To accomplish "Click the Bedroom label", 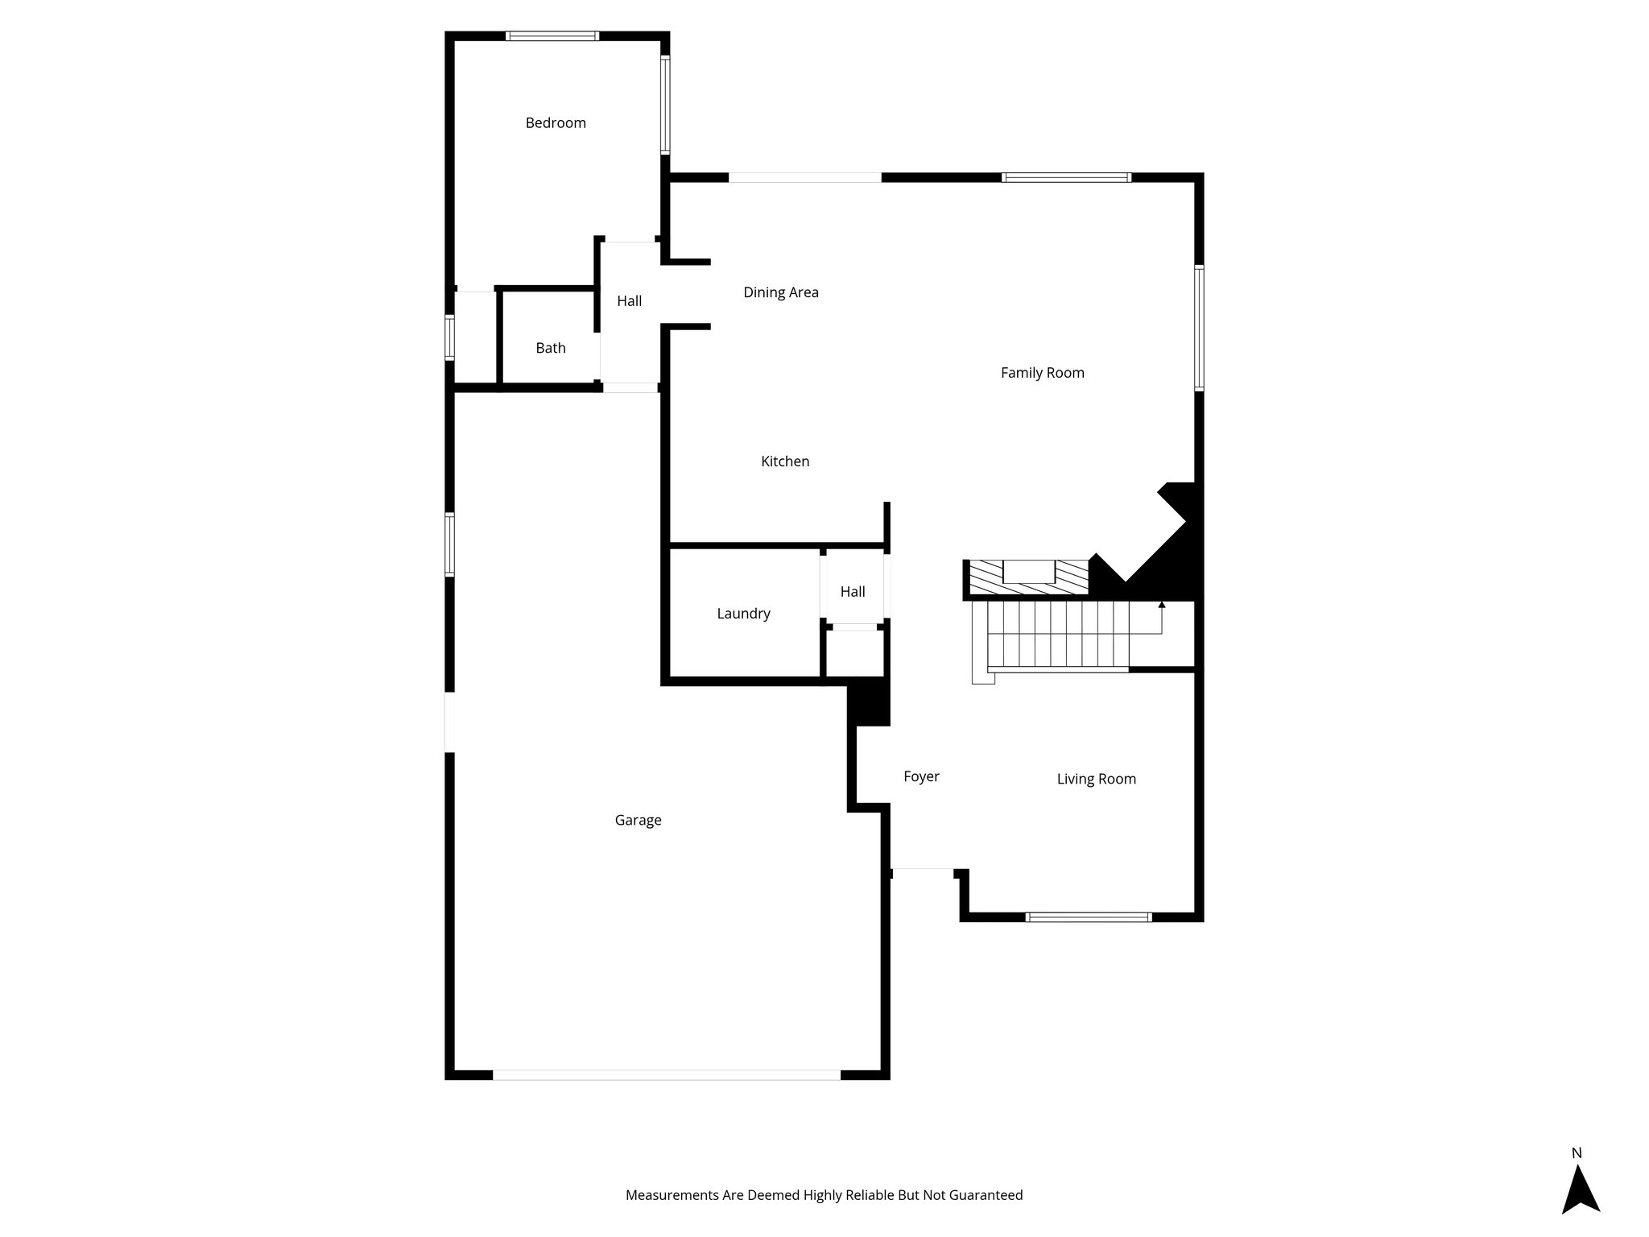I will [556, 123].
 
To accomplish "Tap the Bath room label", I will [551, 348].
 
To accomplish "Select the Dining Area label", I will [780, 292].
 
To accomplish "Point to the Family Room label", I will [1042, 373].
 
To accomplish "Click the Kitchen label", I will [785, 461].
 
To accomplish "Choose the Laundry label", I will [743, 614].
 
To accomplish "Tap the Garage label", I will [638, 820].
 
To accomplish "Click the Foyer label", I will [921, 776].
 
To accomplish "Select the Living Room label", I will [1096, 779].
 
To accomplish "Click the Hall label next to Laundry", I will [853, 592].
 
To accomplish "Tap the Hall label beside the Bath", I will [629, 301].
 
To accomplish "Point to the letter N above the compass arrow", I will [1577, 1152].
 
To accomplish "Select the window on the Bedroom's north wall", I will [552, 35].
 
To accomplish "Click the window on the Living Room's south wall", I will [1089, 916].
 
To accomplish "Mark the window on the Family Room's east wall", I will [1199, 328].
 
